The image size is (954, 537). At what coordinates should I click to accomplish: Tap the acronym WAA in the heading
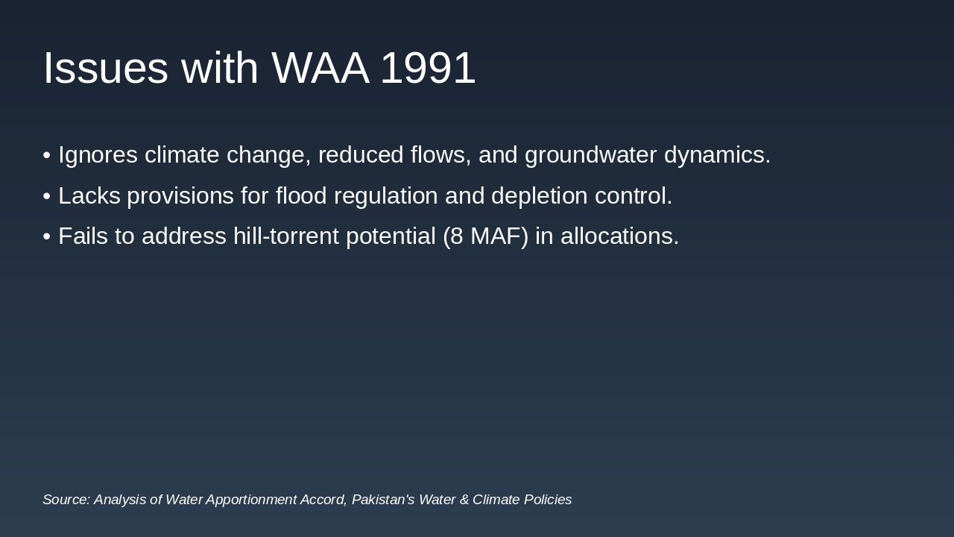[x=320, y=68]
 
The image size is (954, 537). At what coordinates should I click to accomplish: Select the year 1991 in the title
[x=427, y=68]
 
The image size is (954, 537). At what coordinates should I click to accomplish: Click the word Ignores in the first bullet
[x=98, y=155]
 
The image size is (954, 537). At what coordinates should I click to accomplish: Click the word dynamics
[x=717, y=155]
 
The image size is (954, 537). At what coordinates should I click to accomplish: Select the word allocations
[x=619, y=236]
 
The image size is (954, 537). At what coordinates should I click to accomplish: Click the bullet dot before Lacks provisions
[x=47, y=196]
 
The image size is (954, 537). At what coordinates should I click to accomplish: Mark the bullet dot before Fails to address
[x=47, y=236]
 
